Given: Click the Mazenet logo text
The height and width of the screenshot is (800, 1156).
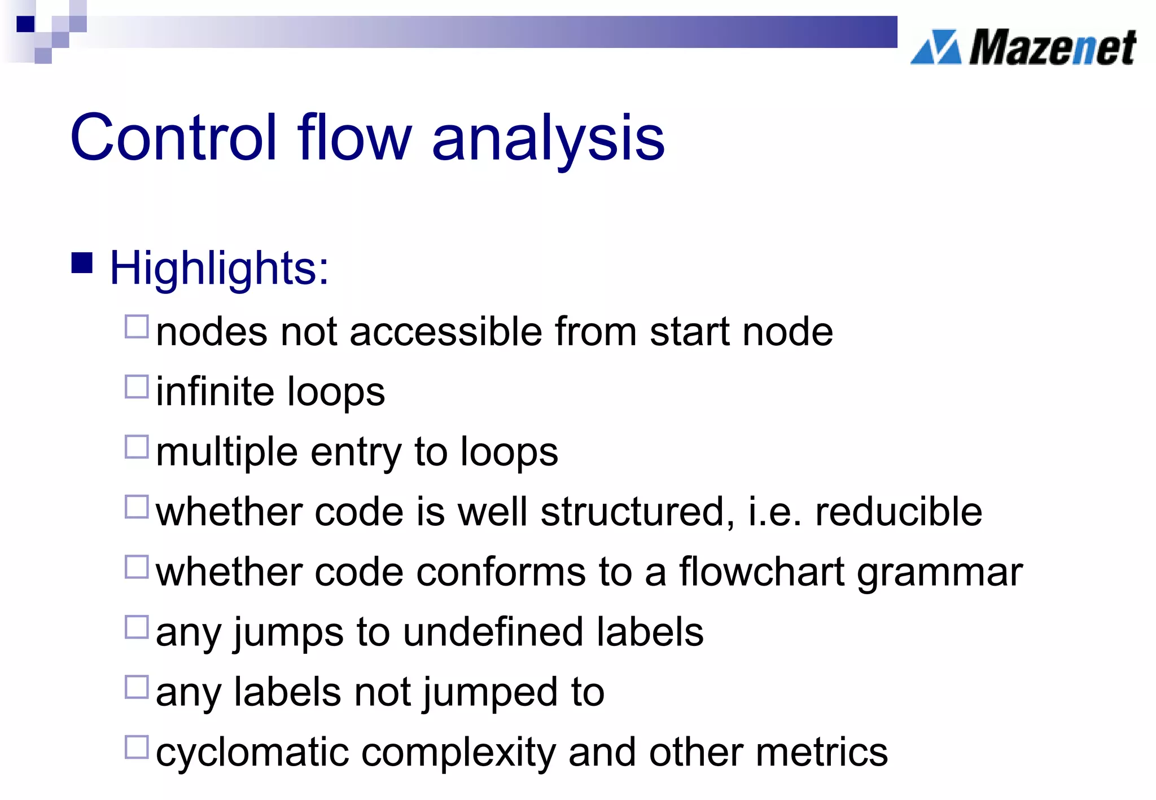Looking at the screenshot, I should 1052,47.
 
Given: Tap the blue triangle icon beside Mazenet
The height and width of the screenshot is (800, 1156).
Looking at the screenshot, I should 936,47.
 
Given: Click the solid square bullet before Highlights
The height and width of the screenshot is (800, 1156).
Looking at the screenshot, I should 82,263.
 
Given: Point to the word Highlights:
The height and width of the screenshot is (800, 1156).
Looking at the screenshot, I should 219,269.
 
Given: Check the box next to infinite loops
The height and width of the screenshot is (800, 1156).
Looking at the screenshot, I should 137,387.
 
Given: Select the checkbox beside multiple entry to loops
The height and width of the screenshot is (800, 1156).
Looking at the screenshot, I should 137,447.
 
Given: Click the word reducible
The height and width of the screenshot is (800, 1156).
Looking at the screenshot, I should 898,512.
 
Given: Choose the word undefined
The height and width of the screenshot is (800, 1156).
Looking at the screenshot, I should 493,632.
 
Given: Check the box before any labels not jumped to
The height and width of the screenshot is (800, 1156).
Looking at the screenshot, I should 137,687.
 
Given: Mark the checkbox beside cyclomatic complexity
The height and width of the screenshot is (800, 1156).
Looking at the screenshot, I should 137,747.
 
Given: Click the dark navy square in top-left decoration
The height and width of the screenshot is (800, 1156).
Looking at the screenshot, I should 25,24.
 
